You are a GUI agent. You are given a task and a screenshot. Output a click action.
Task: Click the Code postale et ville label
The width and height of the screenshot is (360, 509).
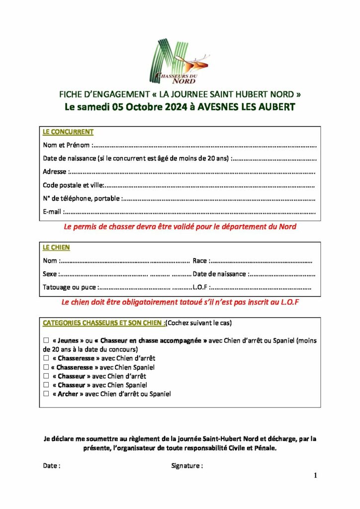pyautogui.click(x=73, y=185)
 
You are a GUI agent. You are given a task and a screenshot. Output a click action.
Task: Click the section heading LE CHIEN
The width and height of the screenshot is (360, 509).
pyautogui.click(x=56, y=248)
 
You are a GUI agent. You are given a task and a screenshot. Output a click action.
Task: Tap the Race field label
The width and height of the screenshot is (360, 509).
pyautogui.click(x=200, y=261)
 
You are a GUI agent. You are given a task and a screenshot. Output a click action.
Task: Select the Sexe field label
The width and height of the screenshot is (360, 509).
pyautogui.click(x=50, y=274)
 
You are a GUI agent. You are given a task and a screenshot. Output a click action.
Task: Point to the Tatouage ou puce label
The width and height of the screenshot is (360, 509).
pyautogui.click(x=70, y=287)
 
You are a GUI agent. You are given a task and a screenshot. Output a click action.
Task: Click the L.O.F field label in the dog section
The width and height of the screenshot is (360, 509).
pyautogui.click(x=200, y=287)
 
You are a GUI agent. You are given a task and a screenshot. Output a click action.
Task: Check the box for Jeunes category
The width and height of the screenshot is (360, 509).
pyautogui.click(x=46, y=341)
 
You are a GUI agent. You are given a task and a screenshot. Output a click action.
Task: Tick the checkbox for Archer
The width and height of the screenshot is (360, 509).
pyautogui.click(x=46, y=394)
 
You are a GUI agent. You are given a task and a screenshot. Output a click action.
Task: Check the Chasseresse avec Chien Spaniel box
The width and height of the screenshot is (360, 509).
pyautogui.click(x=46, y=367)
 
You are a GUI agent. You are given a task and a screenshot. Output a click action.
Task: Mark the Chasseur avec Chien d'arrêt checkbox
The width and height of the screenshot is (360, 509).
pyautogui.click(x=46, y=376)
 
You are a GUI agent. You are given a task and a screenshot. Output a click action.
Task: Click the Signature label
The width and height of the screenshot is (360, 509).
pyautogui.click(x=186, y=466)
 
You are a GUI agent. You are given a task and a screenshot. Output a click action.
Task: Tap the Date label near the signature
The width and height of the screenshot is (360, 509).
pyautogui.click(x=52, y=466)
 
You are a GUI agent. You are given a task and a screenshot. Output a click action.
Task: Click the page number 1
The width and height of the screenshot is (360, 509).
pyautogui.click(x=315, y=476)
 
